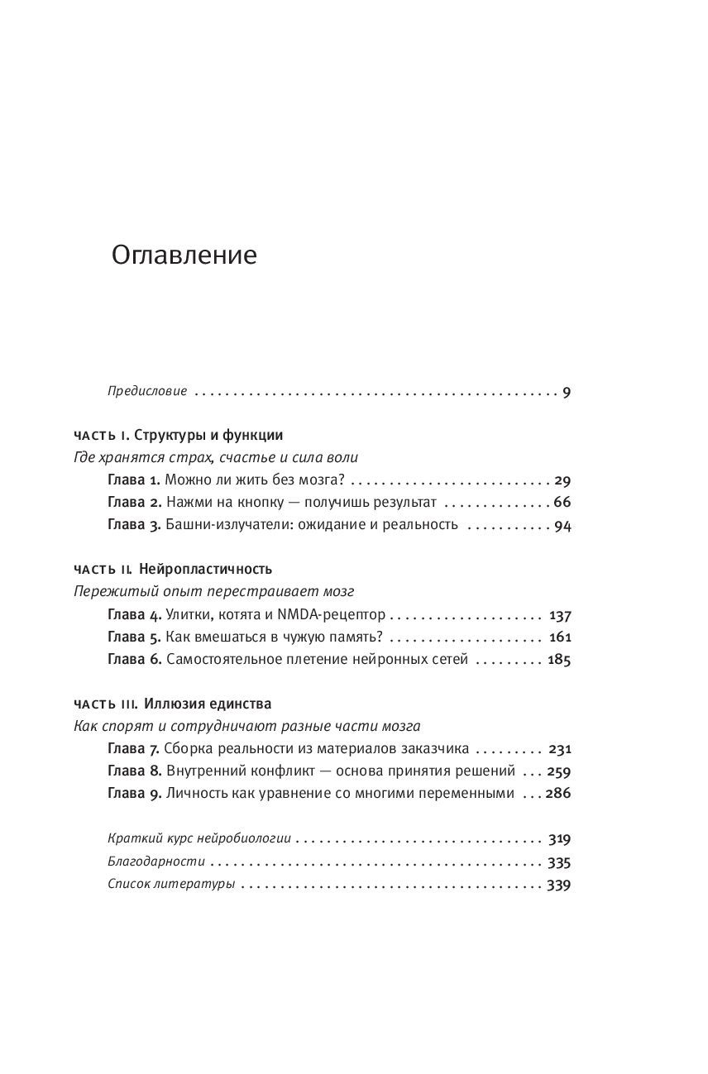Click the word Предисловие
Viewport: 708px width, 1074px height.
[147, 392]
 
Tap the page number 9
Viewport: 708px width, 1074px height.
[567, 392]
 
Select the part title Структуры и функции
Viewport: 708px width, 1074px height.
[208, 435]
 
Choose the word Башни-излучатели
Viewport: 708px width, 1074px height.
[217, 524]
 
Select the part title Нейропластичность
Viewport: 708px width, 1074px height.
[206, 570]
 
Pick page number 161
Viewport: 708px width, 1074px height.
[559, 637]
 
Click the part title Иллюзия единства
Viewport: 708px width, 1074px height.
[208, 704]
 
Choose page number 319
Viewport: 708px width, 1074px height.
[559, 838]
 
